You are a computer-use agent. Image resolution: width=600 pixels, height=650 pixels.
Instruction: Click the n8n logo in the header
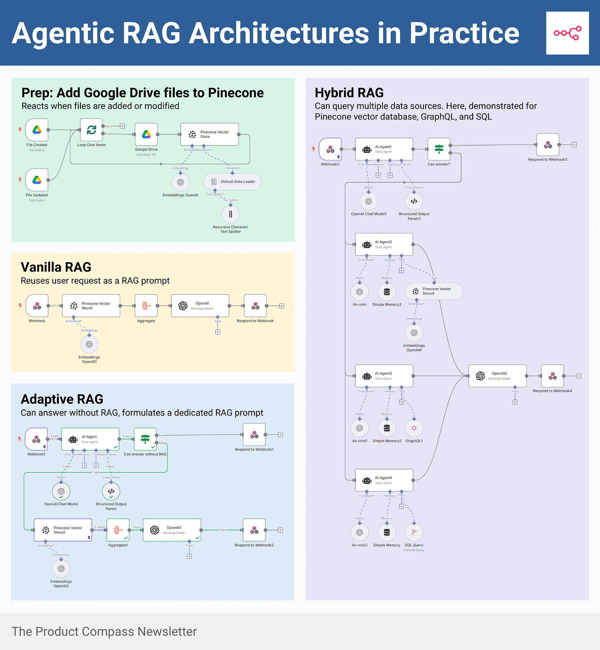[x=567, y=33]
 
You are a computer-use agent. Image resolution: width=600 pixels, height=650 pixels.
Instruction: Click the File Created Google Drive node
[x=37, y=130]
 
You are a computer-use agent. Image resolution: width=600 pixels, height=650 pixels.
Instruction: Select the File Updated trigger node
[x=37, y=180]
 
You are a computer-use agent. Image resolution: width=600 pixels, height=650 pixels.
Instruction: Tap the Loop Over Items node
[x=91, y=130]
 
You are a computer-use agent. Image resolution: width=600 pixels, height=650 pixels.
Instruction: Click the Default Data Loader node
[x=232, y=181]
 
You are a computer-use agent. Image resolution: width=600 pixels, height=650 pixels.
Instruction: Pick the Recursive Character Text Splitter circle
[x=230, y=214]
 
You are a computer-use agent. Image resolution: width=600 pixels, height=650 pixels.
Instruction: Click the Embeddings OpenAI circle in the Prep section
[x=180, y=182]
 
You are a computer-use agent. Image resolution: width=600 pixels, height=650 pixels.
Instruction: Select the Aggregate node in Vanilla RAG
[x=146, y=305]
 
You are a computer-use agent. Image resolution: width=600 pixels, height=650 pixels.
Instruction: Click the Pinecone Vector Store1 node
[x=91, y=305]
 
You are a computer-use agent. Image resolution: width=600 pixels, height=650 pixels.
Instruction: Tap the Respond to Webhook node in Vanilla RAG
[x=255, y=305]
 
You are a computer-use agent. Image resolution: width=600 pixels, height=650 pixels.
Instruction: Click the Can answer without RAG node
[x=145, y=439]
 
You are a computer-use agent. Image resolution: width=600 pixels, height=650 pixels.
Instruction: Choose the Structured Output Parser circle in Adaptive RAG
[x=111, y=491]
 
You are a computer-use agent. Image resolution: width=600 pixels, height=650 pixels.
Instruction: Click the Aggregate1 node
[x=118, y=530]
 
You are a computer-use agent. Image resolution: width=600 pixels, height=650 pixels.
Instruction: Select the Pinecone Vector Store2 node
[x=63, y=530]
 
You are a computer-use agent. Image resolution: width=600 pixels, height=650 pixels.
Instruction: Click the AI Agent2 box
[x=384, y=244]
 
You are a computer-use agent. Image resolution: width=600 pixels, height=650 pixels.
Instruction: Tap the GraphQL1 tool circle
[x=414, y=428]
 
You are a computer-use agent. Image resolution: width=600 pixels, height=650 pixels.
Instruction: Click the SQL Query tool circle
[x=414, y=532]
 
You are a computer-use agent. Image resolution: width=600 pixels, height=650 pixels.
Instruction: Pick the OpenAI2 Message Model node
[x=497, y=375]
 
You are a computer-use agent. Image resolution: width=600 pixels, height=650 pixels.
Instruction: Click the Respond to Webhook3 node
[x=548, y=145]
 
